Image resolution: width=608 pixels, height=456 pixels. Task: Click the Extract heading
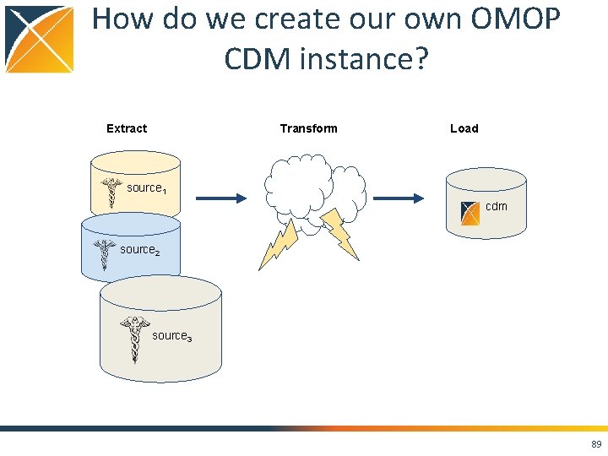127,128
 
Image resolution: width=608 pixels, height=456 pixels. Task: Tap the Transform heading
308,128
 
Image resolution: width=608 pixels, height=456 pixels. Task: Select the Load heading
464,128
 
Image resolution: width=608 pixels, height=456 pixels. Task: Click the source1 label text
146,188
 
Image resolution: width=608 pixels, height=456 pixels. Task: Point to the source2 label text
139,250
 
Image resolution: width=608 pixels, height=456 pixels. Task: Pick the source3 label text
171,336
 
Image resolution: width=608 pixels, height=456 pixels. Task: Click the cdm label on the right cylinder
497,206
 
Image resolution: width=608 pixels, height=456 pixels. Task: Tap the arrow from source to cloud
221,198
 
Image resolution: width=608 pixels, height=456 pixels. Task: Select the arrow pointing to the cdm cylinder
398,198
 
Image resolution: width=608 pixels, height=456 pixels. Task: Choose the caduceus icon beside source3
133,338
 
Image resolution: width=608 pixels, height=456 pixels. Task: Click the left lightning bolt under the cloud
279,244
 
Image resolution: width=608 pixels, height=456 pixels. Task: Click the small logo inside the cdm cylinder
470,212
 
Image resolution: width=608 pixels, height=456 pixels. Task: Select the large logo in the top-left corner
40,39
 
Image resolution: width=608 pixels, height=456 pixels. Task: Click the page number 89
596,444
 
